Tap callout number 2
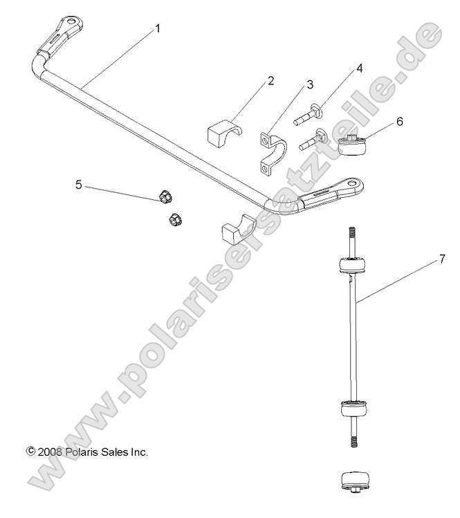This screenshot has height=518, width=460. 270,80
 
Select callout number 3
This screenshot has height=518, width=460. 310,84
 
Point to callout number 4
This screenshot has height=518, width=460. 359,68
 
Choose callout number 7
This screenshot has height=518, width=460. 441,260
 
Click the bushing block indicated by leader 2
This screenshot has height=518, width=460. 225,131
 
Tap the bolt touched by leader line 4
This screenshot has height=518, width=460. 309,115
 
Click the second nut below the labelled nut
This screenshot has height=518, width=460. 176,220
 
